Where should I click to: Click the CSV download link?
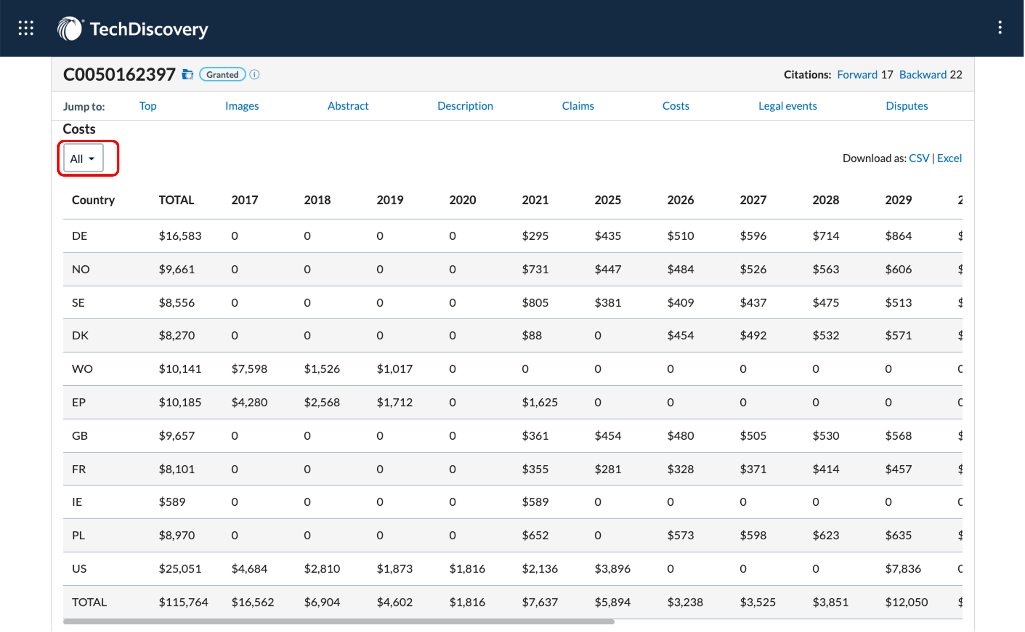point(918,158)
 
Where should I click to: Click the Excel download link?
point(949,158)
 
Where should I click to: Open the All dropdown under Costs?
point(83,158)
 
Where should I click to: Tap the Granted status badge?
point(222,74)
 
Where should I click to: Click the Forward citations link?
point(857,74)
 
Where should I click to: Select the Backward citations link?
point(922,74)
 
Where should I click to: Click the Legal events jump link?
point(787,106)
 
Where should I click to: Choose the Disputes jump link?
point(906,106)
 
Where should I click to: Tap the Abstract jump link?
point(348,106)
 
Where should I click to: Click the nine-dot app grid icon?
point(26,28)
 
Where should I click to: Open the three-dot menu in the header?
point(999,28)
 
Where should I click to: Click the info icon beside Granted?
point(254,74)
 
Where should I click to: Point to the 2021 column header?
point(535,200)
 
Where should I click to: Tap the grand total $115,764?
point(184,602)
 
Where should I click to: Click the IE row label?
point(77,502)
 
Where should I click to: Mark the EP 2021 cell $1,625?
point(539,402)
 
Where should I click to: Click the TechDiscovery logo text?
point(149,29)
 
